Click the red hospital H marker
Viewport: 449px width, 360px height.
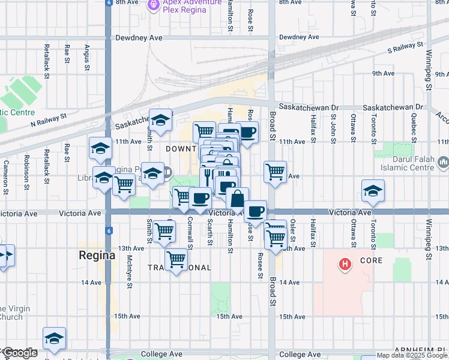click(x=345, y=263)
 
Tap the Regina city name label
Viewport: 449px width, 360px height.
click(x=97, y=255)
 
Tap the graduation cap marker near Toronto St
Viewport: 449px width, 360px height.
click(x=373, y=190)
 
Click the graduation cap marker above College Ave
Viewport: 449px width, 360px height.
click(x=54, y=338)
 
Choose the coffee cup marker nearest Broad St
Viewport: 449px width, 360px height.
click(x=255, y=211)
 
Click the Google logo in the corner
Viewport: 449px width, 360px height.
click(x=20, y=353)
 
